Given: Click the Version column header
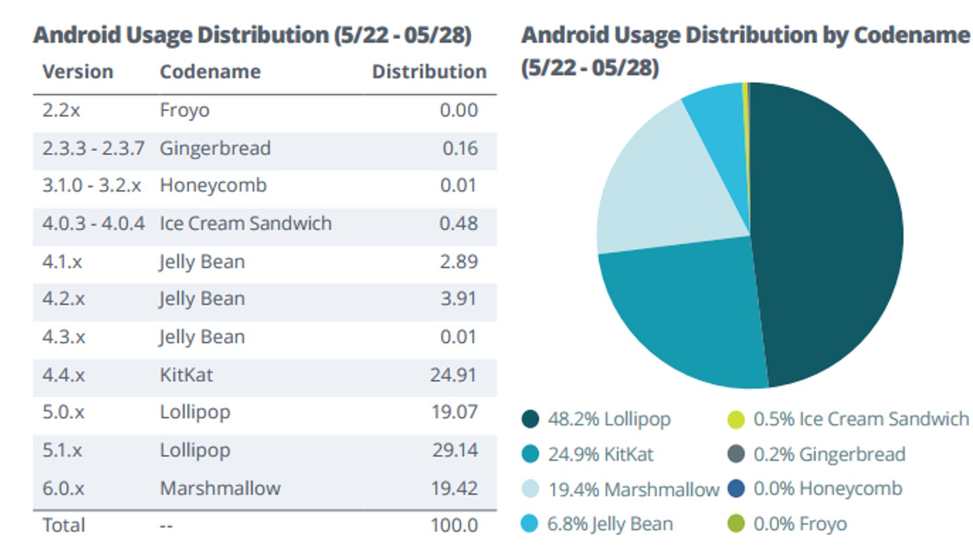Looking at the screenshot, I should (x=77, y=72).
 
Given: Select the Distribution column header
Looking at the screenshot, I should (x=429, y=72).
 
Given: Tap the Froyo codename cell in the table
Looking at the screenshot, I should (x=184, y=110).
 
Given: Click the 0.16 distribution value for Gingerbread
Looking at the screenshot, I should (x=460, y=148).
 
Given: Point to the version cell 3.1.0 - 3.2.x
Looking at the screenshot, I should (x=91, y=185).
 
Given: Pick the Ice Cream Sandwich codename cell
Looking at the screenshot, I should (x=245, y=224).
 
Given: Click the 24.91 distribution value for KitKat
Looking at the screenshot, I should (x=453, y=375).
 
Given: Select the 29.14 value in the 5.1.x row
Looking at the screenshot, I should (x=455, y=450).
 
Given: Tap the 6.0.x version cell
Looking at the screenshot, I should (x=63, y=488).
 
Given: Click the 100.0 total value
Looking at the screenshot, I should (x=454, y=525).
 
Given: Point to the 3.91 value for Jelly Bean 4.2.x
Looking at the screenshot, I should (x=459, y=299).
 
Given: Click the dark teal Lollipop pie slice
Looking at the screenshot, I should (x=833, y=231).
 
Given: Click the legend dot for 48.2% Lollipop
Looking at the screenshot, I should (x=530, y=419).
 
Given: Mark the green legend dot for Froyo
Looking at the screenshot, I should (x=736, y=523).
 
